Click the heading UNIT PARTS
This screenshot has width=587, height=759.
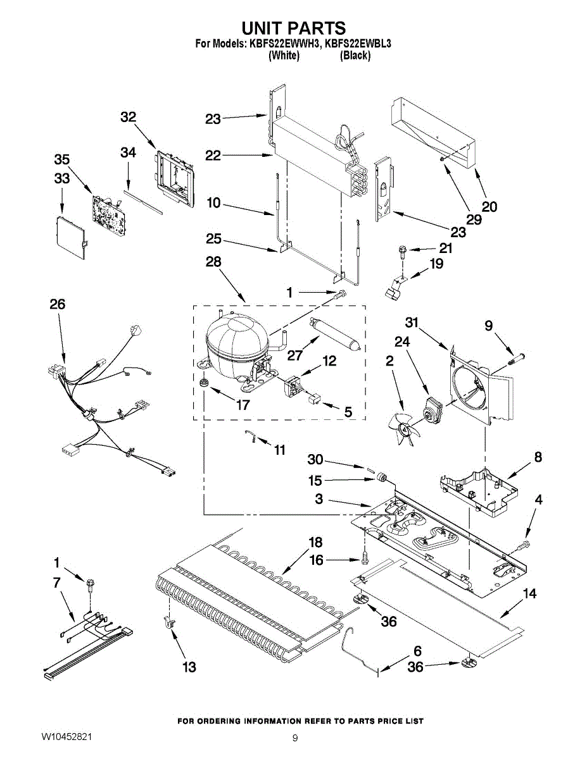(x=294, y=28)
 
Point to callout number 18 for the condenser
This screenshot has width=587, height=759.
(x=315, y=542)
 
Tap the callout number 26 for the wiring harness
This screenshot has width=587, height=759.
(x=57, y=304)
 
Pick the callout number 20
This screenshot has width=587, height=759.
(x=489, y=206)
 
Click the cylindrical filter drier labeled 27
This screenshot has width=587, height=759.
(x=336, y=331)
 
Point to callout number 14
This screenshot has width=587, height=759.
(x=530, y=593)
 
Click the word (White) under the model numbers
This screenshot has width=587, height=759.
(x=284, y=56)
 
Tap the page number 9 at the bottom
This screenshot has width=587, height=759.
(x=295, y=737)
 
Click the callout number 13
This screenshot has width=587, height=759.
(x=189, y=667)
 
